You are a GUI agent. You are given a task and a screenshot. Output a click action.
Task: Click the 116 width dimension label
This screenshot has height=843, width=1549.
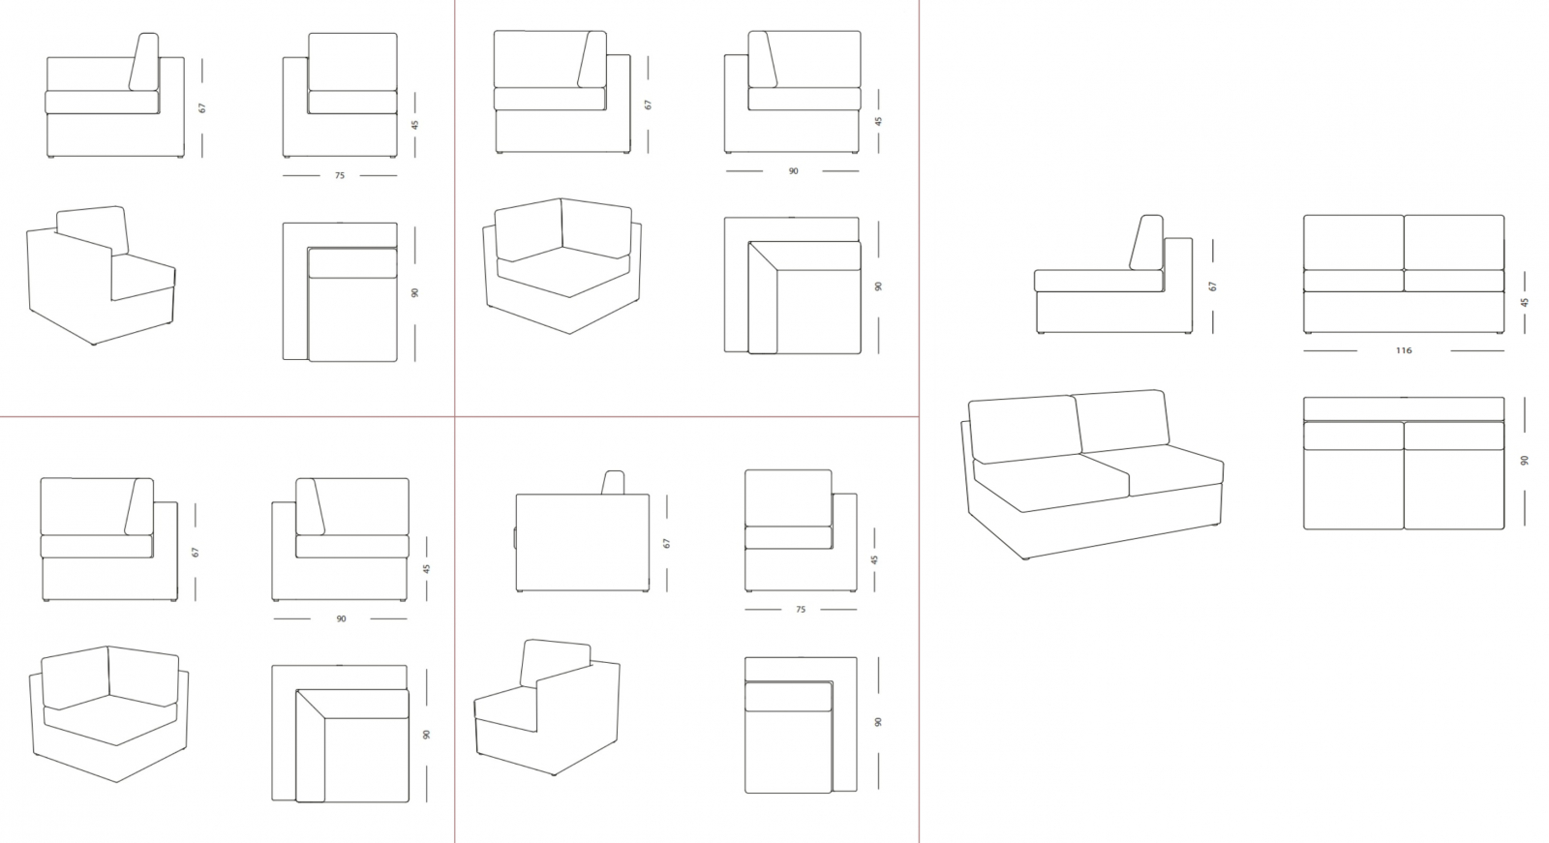coord(1403,350)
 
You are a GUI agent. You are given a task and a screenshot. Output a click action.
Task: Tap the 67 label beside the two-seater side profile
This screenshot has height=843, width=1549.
coord(1212,286)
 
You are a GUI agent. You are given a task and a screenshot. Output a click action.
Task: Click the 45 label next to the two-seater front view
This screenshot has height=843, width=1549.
coord(1524,302)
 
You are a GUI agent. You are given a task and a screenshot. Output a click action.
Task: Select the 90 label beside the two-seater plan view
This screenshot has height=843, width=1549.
coord(1524,460)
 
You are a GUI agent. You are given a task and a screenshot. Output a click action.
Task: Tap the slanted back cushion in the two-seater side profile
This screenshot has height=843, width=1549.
coord(1146,242)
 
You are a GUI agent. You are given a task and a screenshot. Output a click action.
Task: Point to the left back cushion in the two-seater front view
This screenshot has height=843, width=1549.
coord(1353,242)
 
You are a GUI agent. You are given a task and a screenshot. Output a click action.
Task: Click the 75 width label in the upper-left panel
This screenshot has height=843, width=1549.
coord(340,175)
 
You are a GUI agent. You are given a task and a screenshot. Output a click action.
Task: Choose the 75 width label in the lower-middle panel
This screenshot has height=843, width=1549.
coord(800,610)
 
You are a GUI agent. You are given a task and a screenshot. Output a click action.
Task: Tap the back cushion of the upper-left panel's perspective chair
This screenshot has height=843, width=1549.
coord(93,230)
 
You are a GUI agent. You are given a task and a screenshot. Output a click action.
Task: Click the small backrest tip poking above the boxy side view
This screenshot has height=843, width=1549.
coord(613,482)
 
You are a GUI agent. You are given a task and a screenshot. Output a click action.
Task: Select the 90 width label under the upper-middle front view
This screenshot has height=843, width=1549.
coord(793,170)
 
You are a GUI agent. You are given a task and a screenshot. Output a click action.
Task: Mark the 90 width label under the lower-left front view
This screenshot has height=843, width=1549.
coord(341,618)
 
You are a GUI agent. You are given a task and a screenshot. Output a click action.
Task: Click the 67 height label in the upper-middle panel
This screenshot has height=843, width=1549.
coord(648,105)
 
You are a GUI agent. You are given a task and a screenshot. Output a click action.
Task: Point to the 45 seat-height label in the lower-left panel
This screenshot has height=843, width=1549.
coord(427,568)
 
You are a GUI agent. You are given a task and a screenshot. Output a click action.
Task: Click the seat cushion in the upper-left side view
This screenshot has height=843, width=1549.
coord(103,103)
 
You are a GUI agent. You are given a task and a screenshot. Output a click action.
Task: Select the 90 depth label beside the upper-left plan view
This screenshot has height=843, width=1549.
coord(415,292)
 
